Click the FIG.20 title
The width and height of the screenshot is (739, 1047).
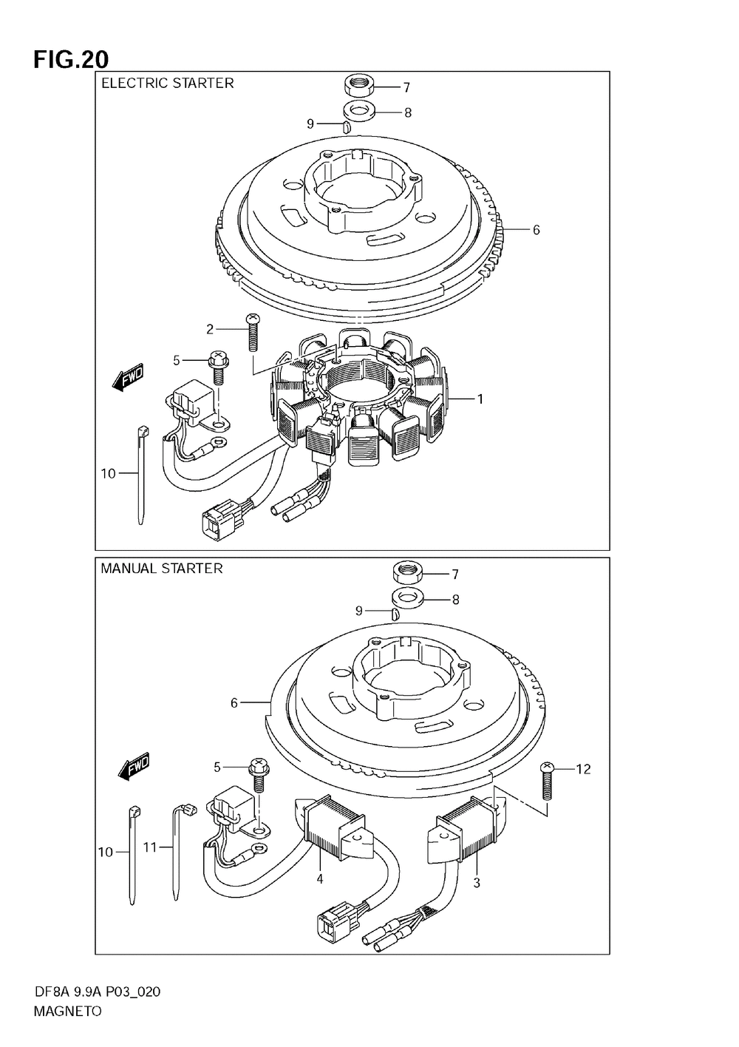tap(71, 59)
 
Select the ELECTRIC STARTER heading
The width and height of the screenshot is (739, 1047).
tap(167, 84)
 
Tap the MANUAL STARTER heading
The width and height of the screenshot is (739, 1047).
tap(161, 569)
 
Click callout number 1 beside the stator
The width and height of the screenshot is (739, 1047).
tap(480, 399)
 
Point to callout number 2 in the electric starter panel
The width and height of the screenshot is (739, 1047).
tap(210, 329)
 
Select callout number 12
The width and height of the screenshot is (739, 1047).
tap(583, 770)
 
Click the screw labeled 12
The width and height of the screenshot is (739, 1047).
tap(548, 781)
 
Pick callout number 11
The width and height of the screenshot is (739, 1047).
tap(150, 847)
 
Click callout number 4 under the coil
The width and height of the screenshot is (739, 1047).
tap(320, 879)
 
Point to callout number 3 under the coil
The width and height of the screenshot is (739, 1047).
tap(477, 882)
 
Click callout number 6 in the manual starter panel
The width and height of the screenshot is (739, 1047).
tap(234, 702)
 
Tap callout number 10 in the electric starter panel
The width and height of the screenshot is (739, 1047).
tap(108, 473)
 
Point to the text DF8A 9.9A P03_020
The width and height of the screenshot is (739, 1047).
tap(97, 992)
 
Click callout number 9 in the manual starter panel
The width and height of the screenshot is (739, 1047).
tap(359, 611)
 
